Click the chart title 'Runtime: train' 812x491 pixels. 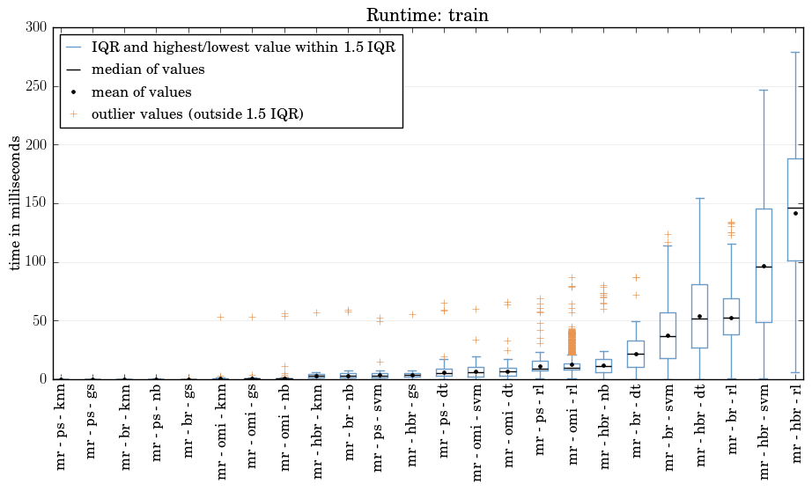coord(427,15)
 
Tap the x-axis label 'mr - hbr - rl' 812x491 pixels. coord(796,424)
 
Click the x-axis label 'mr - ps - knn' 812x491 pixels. coord(61,427)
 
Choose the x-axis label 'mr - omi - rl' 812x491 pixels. coord(572,424)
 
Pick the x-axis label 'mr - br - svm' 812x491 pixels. coord(668,427)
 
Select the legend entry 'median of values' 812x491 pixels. coord(148,70)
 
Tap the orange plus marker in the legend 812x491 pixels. coord(73,114)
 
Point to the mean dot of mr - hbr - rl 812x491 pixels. coord(796,213)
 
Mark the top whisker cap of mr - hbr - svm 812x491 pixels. coord(764,90)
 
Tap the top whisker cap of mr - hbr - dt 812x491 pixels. coord(699,198)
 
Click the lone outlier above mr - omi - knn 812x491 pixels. coord(220,317)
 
